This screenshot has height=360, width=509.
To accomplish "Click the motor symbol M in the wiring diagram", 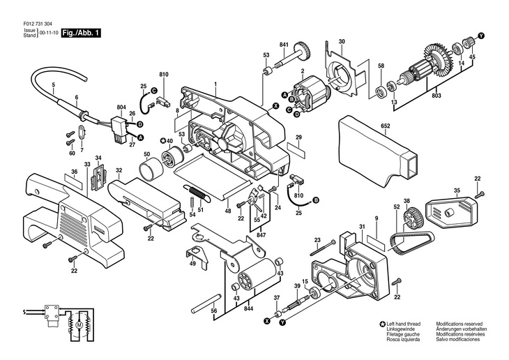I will click(x=79, y=324).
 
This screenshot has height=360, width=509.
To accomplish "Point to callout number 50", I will click(x=146, y=154).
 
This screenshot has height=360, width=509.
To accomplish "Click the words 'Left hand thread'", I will click(x=405, y=324).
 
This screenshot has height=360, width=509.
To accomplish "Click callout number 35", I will click(x=457, y=190).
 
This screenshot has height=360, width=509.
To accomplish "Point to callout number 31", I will click(x=362, y=227).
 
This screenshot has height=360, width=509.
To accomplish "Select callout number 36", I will click(x=75, y=171).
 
